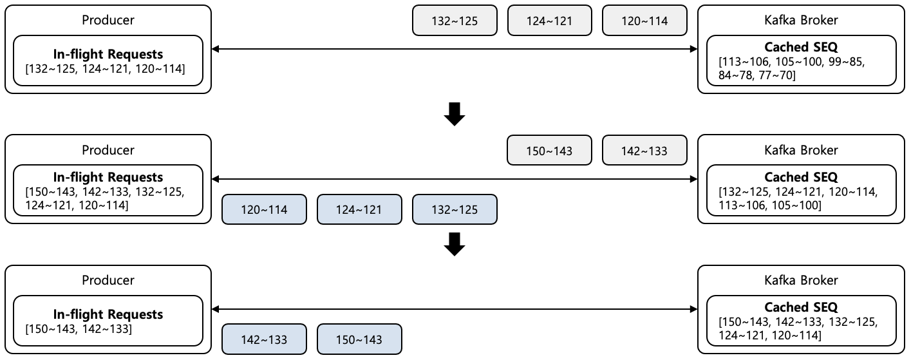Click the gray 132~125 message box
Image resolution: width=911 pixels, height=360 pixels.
tap(454, 21)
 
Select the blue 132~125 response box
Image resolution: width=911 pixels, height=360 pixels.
tap(454, 210)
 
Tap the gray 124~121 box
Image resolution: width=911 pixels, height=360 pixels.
tap(549, 21)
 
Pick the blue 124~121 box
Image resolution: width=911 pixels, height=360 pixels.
tap(359, 210)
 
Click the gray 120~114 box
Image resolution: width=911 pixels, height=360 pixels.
tap(644, 21)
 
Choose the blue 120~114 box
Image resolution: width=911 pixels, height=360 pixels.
tap(264, 210)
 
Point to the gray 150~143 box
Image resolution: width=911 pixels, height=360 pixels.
tap(549, 151)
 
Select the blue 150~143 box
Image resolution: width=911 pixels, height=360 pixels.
tap(359, 339)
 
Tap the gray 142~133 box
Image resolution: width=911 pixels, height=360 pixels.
tap(644, 151)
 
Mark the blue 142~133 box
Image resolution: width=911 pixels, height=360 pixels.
tap(264, 339)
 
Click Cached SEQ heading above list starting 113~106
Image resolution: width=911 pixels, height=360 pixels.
tap(801, 47)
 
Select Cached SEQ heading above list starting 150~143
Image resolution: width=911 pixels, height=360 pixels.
tap(801, 307)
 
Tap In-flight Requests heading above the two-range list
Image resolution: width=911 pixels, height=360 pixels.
tap(108, 314)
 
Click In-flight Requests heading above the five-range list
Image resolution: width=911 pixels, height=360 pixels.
tap(108, 177)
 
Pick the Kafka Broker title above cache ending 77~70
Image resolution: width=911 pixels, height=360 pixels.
tap(800, 20)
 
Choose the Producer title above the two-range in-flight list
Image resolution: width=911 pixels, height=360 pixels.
tap(108, 280)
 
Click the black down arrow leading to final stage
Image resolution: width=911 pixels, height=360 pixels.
tap(455, 244)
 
